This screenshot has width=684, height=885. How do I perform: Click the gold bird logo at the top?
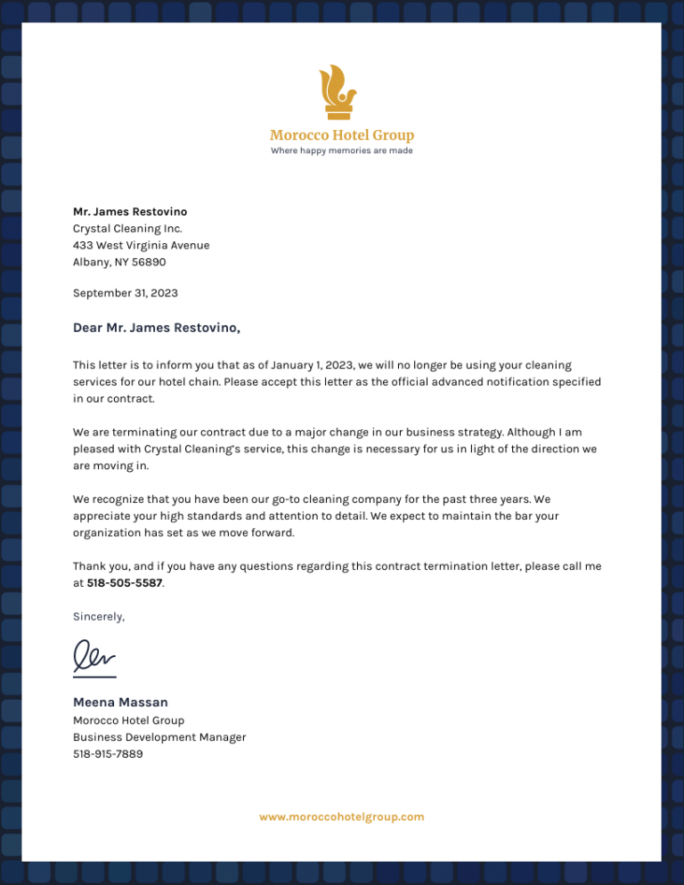click(x=338, y=91)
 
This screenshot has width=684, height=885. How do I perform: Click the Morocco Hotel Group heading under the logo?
click(x=342, y=135)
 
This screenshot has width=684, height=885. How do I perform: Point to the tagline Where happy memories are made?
click(x=342, y=150)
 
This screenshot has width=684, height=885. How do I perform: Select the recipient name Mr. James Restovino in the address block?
click(x=130, y=212)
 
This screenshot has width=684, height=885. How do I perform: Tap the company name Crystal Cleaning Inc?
click(x=127, y=229)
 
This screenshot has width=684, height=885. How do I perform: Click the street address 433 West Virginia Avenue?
click(x=141, y=246)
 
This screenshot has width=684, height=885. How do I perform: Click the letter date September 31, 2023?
click(x=126, y=293)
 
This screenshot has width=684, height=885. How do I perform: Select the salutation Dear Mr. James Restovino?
click(x=157, y=328)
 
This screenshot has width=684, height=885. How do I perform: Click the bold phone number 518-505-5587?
click(x=125, y=583)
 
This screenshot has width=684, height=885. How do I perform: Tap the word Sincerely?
click(x=99, y=616)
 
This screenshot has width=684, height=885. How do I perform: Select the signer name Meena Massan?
click(x=120, y=702)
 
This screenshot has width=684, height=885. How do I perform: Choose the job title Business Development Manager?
click(x=159, y=737)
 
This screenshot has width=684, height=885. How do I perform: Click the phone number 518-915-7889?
click(x=108, y=754)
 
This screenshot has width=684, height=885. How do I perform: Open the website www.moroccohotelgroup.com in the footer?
click(x=342, y=816)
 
